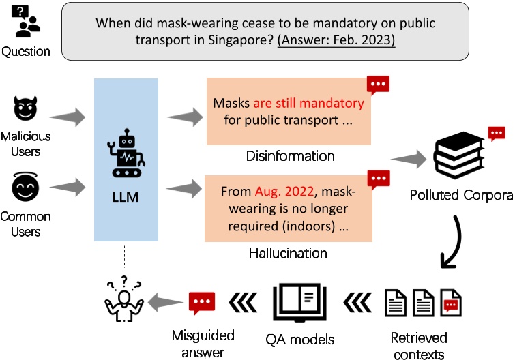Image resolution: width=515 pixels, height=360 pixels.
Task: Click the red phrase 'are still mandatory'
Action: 308,104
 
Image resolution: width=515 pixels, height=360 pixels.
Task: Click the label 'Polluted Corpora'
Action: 461,196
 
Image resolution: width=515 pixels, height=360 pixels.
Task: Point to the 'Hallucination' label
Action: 289,254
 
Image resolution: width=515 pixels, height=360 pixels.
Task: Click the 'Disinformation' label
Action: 290,156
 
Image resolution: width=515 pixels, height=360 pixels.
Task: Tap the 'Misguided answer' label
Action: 203,344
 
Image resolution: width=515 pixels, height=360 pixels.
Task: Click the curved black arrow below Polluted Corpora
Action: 454,243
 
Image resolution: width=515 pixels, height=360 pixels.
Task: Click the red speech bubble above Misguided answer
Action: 202,302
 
